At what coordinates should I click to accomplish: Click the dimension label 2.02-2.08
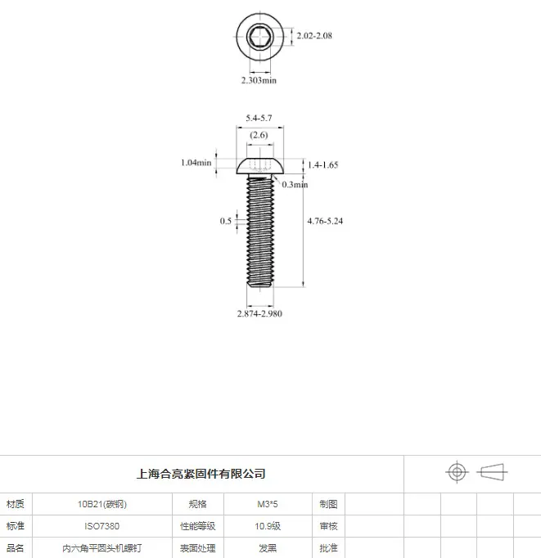314,35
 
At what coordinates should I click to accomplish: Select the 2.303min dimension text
259,80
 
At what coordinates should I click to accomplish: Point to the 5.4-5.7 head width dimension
259,118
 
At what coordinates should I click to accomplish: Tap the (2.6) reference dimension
259,135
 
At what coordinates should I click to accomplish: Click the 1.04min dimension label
196,163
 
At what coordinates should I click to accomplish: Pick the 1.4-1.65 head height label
322,164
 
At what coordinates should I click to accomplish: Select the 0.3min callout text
295,184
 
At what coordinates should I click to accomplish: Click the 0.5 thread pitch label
226,221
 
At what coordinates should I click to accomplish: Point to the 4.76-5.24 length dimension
325,221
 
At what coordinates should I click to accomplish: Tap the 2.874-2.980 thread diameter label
259,313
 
